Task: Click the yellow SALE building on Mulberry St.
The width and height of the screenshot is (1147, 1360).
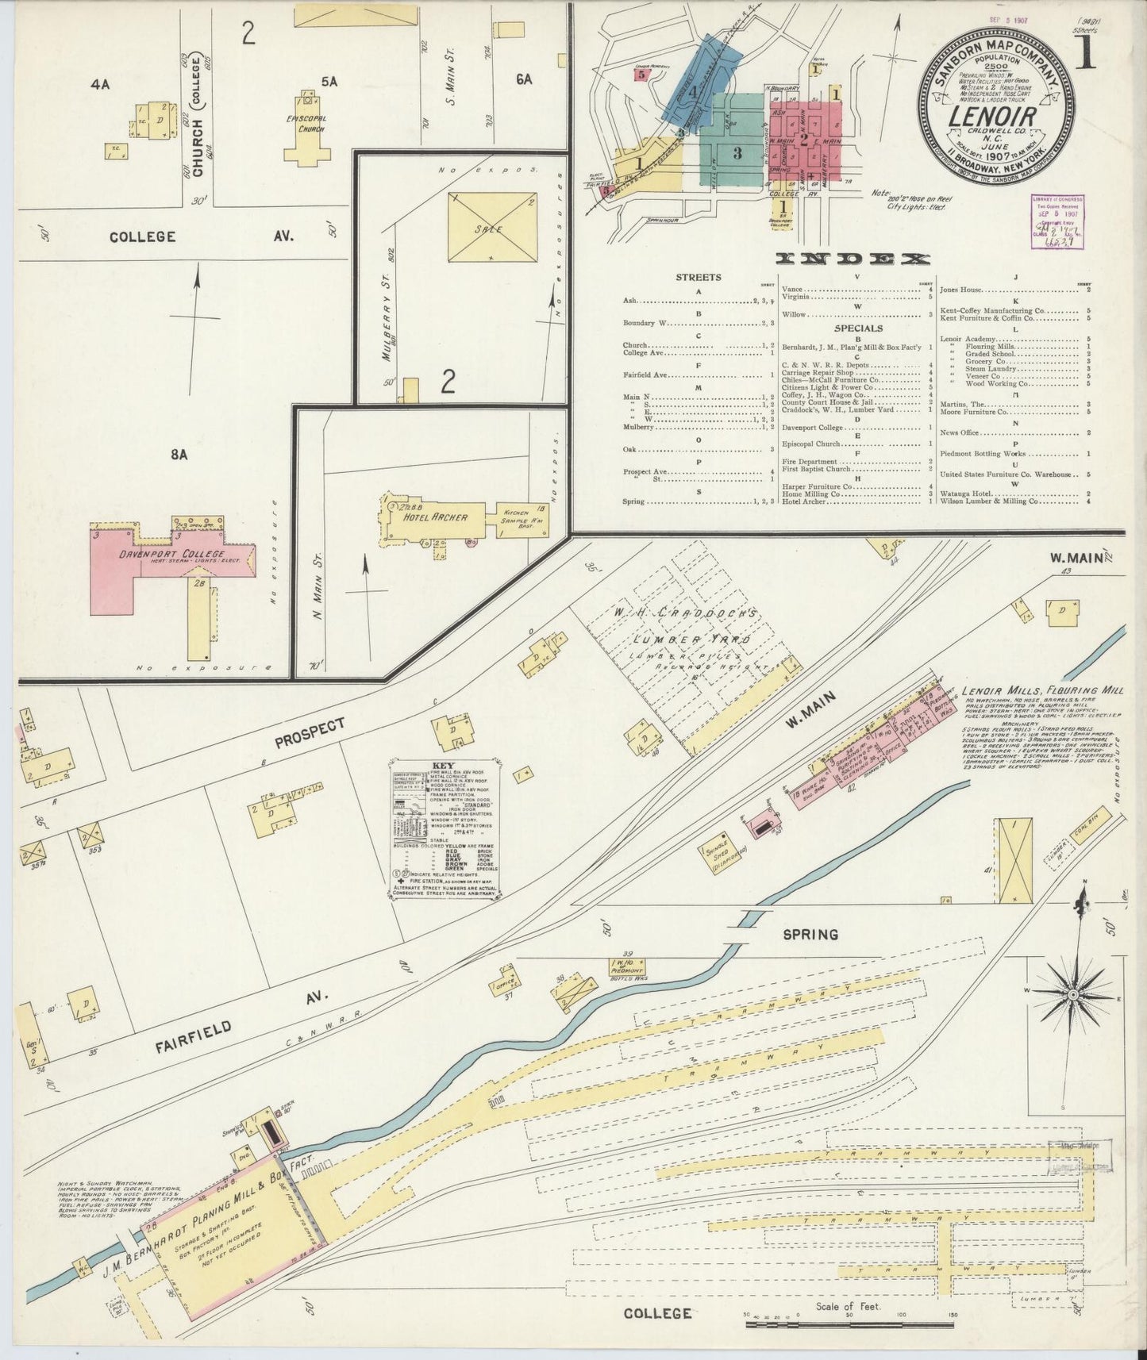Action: point(491,227)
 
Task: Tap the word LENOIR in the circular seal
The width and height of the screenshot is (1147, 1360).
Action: point(994,116)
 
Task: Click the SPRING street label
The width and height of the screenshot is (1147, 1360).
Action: point(810,934)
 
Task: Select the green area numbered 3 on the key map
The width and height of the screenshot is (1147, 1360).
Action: point(737,152)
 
